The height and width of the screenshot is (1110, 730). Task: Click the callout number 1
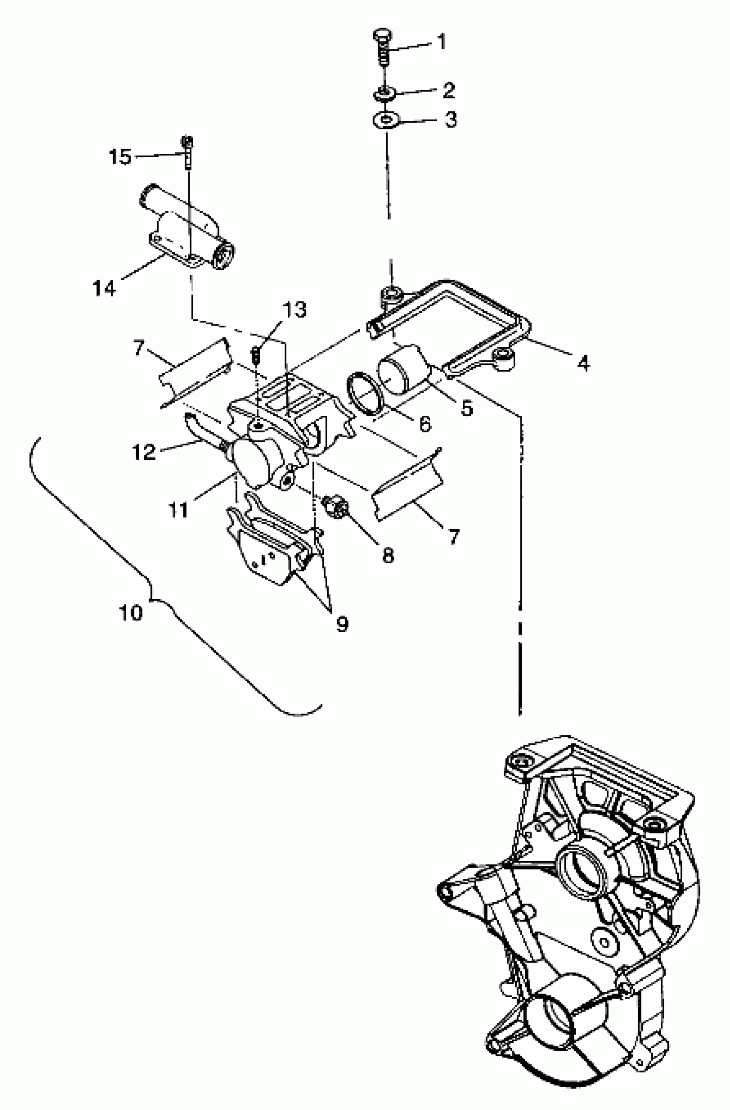click(x=441, y=42)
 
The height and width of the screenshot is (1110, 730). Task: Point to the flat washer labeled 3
click(x=386, y=120)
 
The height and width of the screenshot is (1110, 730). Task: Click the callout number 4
click(x=583, y=363)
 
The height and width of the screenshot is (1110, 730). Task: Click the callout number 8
click(x=388, y=555)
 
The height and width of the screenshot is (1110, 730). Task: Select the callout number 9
click(x=343, y=624)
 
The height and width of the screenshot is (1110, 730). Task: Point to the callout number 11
click(x=179, y=509)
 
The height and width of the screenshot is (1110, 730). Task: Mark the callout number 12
click(x=143, y=451)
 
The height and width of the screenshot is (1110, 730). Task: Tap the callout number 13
click(x=295, y=309)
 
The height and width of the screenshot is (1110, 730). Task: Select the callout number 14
click(x=104, y=288)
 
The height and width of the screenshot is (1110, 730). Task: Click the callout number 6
click(x=425, y=424)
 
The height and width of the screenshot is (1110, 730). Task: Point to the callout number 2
click(x=448, y=90)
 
